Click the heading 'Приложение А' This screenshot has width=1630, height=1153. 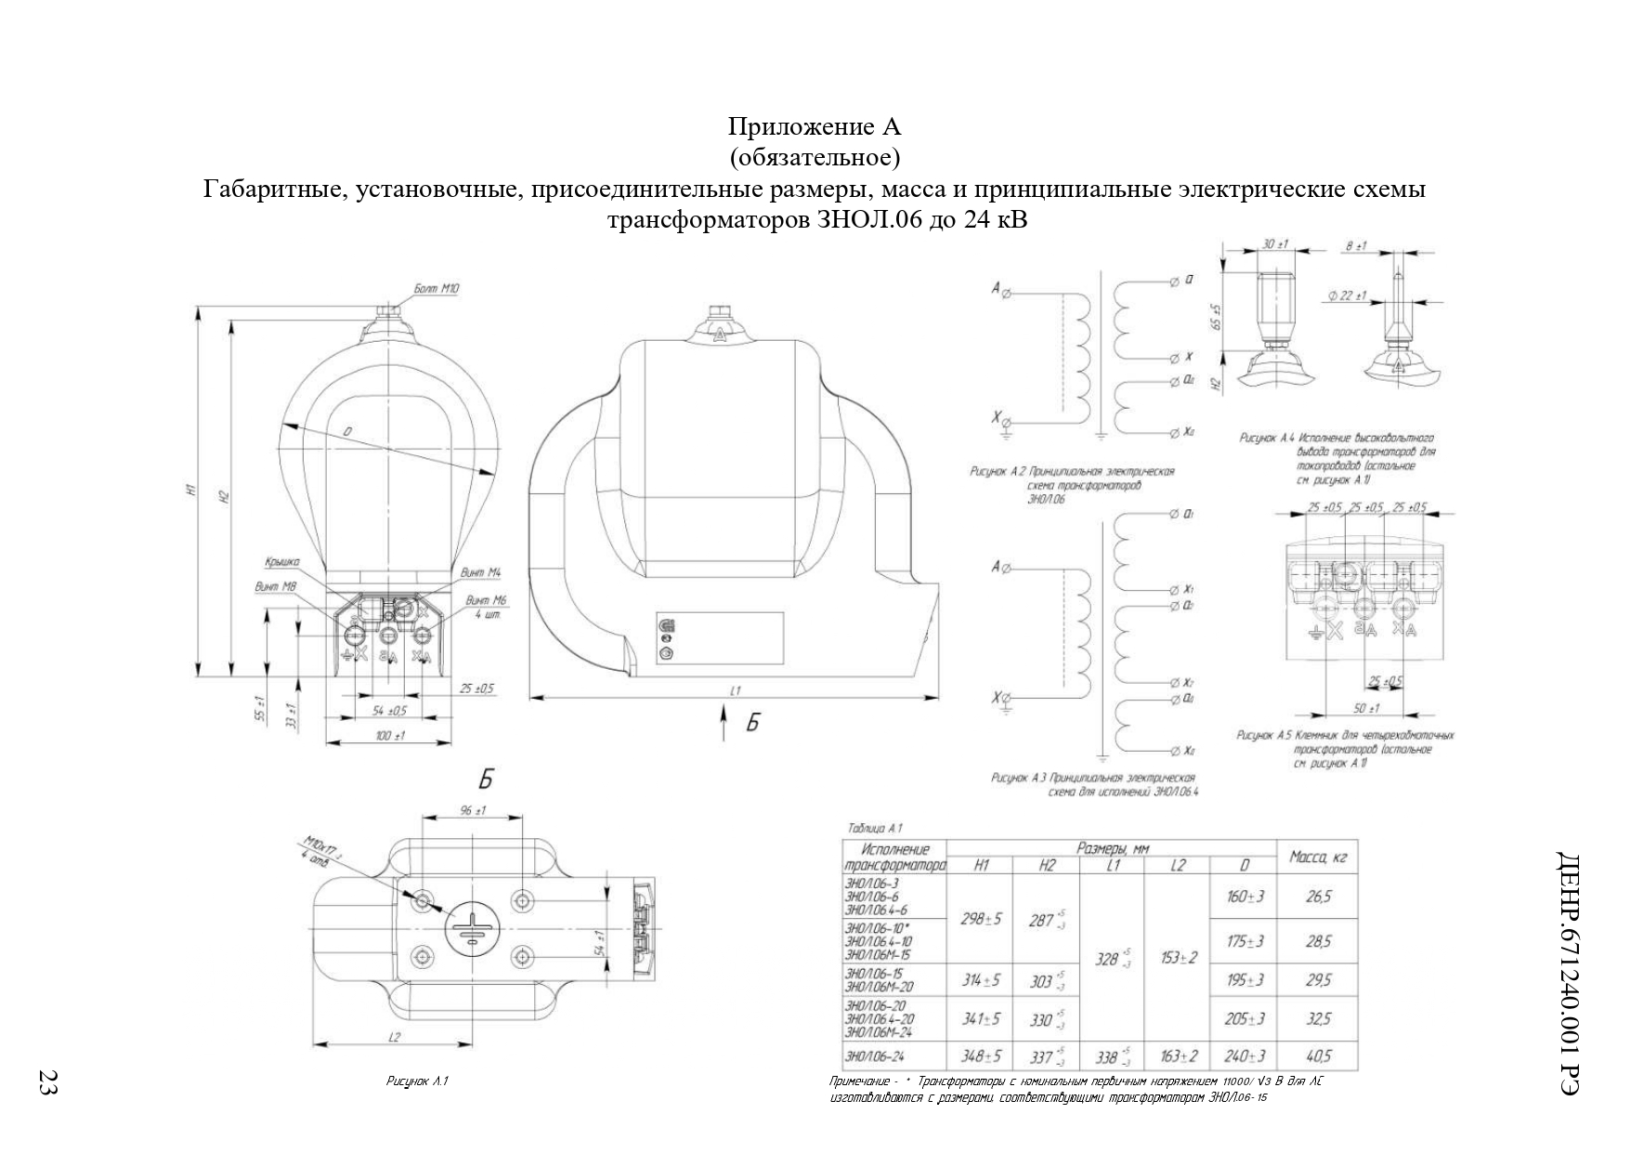point(814,126)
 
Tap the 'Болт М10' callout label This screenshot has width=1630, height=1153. point(437,289)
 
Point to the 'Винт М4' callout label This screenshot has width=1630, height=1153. point(481,572)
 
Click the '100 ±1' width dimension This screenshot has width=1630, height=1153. point(389,736)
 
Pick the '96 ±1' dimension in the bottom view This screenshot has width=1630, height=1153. point(474,811)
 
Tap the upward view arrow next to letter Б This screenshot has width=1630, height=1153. point(724,722)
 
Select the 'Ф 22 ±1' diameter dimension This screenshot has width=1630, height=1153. point(1348,296)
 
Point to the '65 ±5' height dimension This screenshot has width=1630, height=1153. point(1218,320)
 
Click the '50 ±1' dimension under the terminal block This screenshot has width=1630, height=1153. point(1365,708)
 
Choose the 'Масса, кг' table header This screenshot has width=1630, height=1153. point(1318,857)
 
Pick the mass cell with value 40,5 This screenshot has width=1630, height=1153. point(1318,1056)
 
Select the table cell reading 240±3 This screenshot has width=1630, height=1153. point(1245,1056)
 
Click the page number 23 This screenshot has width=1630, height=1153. point(46,1081)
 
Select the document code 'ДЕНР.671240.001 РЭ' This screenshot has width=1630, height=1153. point(1570,972)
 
